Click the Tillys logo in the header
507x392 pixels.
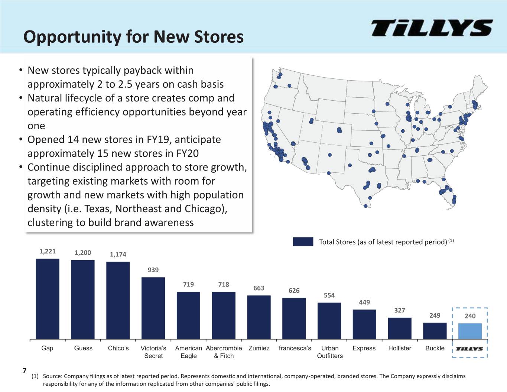(432, 28)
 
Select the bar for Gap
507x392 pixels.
(48, 299)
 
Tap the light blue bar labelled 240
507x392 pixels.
(470, 331)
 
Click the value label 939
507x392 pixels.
(153, 270)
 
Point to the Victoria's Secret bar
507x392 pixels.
(153, 308)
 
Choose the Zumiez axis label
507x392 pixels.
(259, 348)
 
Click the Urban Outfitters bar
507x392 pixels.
(329, 321)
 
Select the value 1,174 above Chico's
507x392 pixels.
(118, 254)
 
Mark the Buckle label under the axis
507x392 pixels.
(435, 348)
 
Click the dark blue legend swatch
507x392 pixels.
(303, 242)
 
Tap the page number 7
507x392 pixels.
(25, 370)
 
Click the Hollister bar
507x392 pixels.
(400, 328)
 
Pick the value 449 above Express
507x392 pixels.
(364, 302)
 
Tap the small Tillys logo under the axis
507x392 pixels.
(469, 349)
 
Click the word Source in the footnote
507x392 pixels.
(52, 376)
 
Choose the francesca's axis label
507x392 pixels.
(295, 348)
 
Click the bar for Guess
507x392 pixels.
(82, 299)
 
